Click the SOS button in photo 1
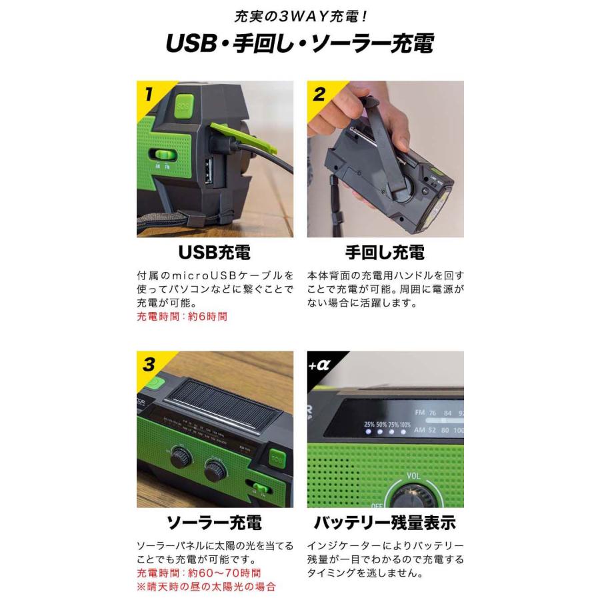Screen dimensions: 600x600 (183, 105)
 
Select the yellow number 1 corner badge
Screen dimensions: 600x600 (149, 93)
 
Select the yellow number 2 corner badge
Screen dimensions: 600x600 (319, 93)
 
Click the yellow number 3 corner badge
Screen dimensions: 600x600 (149, 364)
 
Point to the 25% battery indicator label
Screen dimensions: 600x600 (369, 425)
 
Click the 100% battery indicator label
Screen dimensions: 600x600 (405, 425)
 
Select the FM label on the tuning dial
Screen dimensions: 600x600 (420, 413)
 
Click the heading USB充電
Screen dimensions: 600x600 (215, 253)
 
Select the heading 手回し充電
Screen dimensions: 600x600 (385, 253)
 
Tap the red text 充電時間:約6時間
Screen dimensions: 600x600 (182, 317)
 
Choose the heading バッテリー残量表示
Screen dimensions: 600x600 (385, 522)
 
